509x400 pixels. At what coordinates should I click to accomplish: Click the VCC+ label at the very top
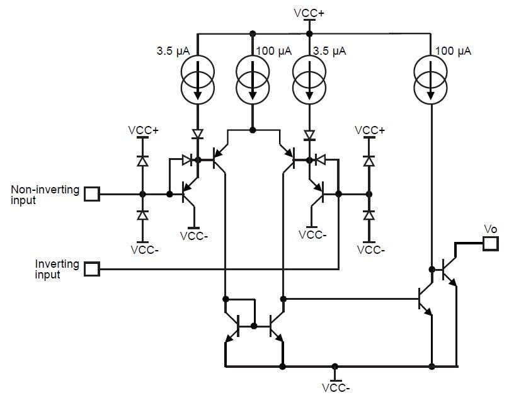pyautogui.click(x=309, y=12)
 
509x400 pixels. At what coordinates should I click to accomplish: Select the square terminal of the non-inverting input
pyautogui.click(x=92, y=194)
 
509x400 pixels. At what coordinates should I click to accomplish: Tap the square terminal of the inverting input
pyautogui.click(x=92, y=269)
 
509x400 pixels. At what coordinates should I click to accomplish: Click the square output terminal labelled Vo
pyautogui.click(x=490, y=243)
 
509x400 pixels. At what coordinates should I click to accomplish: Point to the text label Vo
pyautogui.click(x=490, y=229)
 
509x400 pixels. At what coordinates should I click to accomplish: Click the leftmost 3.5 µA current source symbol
pyautogui.click(x=198, y=79)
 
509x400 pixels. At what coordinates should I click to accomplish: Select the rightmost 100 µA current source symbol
pyautogui.click(x=432, y=79)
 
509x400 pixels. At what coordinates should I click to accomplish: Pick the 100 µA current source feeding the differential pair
pyautogui.click(x=253, y=79)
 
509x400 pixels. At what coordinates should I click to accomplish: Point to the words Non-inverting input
pyautogui.click(x=45, y=195)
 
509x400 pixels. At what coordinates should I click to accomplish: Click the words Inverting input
pyautogui.click(x=57, y=269)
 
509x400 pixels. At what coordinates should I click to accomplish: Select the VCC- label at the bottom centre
pyautogui.click(x=334, y=389)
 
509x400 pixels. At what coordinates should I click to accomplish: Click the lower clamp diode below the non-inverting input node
pyautogui.click(x=142, y=216)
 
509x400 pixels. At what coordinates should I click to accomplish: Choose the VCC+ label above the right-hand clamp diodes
pyautogui.click(x=369, y=130)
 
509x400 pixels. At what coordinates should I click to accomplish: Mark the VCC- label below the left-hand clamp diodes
pyautogui.click(x=144, y=249)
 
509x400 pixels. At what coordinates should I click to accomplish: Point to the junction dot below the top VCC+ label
pyautogui.click(x=309, y=33)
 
